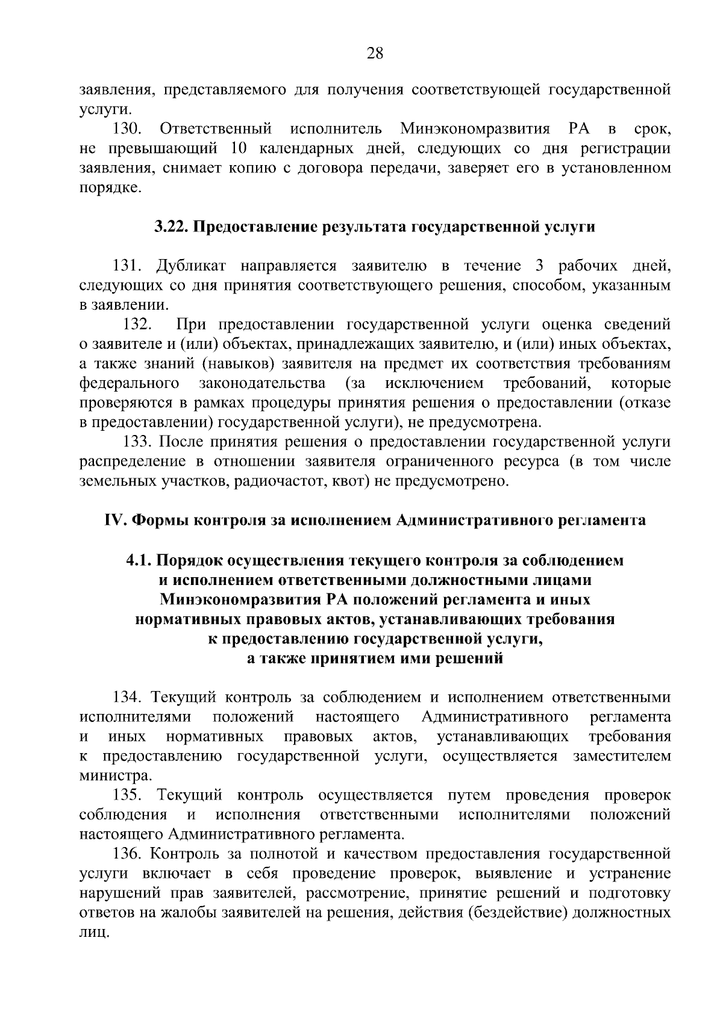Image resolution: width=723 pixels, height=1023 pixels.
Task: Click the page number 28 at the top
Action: [375, 54]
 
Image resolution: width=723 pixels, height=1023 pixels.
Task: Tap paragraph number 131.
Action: [127, 266]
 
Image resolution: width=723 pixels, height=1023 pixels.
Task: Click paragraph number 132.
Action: [137, 325]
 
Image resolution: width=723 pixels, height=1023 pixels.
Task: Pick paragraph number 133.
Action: [137, 442]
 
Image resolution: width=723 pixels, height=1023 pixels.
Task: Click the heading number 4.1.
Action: [139, 560]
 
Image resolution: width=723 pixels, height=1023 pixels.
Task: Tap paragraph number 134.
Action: [127, 698]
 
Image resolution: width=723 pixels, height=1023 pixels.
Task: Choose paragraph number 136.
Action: [127, 854]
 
